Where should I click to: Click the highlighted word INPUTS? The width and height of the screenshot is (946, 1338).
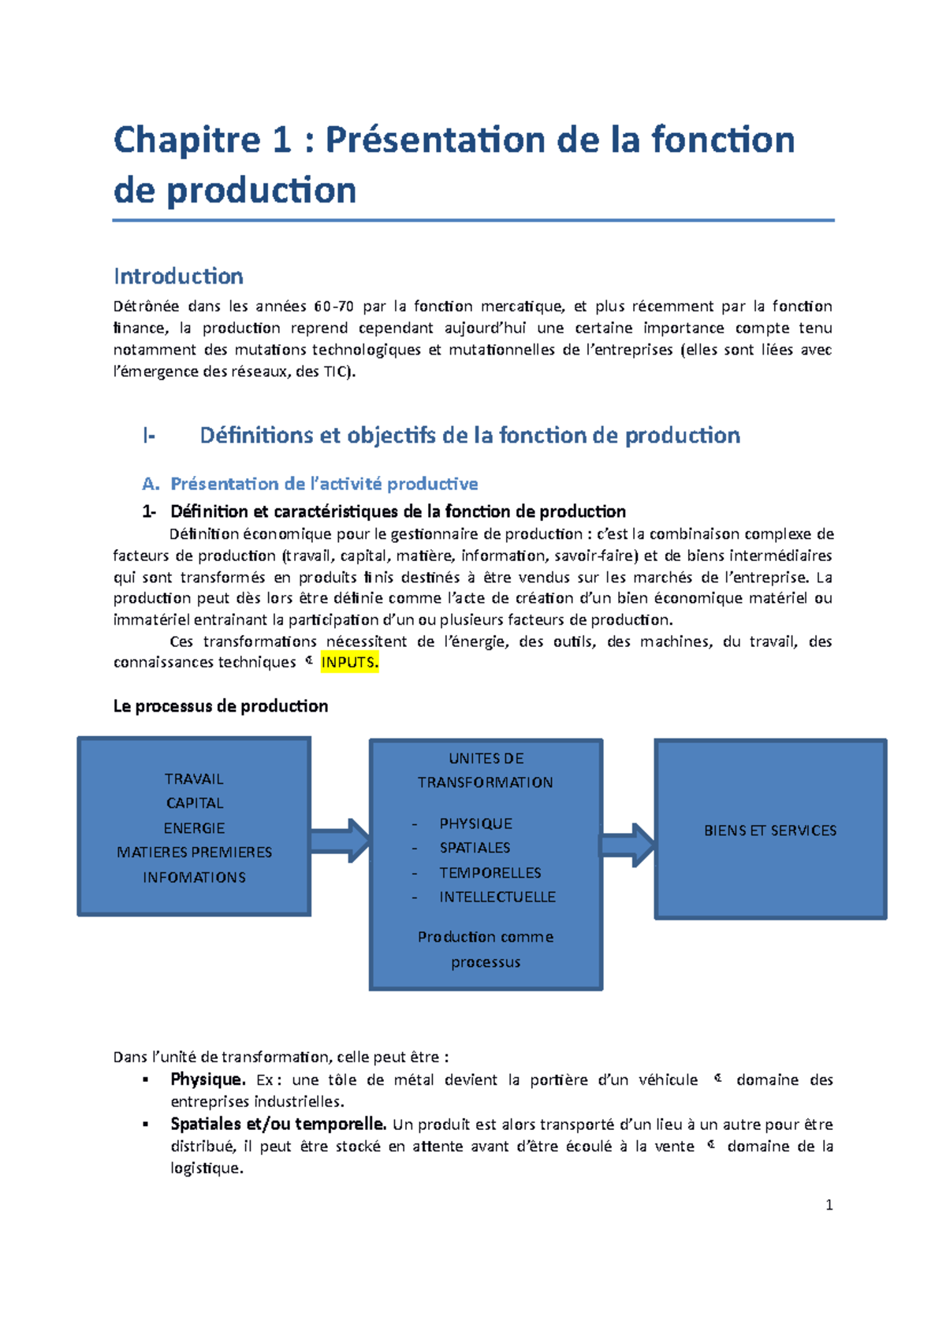pos(350,663)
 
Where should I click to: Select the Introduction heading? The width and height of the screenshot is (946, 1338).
pos(178,277)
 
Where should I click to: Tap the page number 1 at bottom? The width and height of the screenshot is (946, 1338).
pos(829,1205)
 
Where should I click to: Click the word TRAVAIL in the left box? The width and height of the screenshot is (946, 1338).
pos(194,779)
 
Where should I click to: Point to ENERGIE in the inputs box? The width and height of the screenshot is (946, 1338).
pos(194,828)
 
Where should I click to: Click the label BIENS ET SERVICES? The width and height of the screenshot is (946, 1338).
pos(770,831)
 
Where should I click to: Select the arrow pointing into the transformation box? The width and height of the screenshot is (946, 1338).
pos(340,841)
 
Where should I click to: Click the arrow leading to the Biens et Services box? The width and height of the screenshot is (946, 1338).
pos(628,846)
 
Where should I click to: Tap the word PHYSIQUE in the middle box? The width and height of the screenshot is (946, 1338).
pos(475,823)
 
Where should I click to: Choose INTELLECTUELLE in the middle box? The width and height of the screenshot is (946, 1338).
pos(497,897)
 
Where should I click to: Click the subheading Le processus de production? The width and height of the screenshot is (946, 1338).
pos(221,706)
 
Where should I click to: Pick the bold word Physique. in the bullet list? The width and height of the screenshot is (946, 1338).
pos(208,1079)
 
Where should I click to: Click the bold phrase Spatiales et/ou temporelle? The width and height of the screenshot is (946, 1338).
pos(278,1124)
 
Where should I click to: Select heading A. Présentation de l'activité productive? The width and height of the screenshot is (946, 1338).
pos(310,484)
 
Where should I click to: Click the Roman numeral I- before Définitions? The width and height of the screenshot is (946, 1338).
pos(149,436)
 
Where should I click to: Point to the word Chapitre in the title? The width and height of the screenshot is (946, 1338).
pos(186,140)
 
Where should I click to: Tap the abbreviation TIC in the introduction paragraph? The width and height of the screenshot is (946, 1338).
pos(334,372)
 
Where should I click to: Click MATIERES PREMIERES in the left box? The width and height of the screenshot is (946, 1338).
pos(194,853)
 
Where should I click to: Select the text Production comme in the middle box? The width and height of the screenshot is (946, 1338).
pos(486,937)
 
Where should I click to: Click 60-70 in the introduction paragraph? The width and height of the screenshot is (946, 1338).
pos(333,307)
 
